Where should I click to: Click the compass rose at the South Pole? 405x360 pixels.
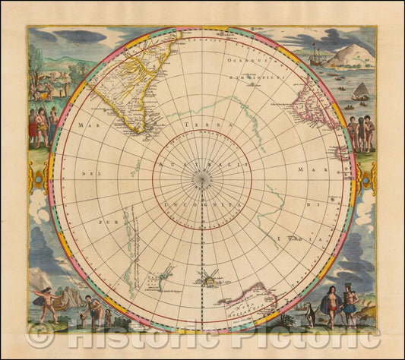(201, 179)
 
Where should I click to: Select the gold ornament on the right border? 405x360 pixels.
(369, 181)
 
